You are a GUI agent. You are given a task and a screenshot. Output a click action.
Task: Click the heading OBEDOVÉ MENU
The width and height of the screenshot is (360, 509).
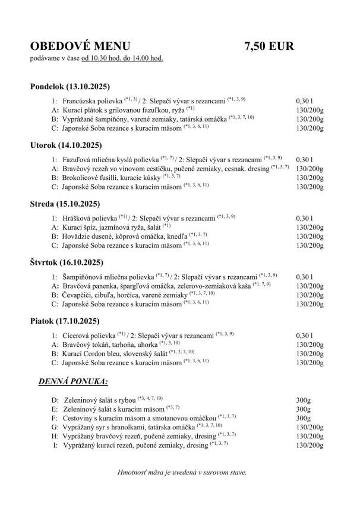[x=80, y=47]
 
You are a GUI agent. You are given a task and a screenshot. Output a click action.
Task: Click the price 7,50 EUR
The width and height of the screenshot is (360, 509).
[x=269, y=47]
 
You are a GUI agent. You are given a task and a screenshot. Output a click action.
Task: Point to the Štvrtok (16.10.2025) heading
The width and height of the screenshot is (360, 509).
[x=67, y=262]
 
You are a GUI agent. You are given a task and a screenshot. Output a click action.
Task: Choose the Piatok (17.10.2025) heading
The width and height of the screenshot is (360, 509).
[x=64, y=321]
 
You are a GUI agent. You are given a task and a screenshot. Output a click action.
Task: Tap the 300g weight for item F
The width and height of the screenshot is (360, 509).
[x=304, y=418]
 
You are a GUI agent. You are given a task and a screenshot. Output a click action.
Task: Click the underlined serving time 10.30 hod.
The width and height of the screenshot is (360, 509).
[x=112, y=58]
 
